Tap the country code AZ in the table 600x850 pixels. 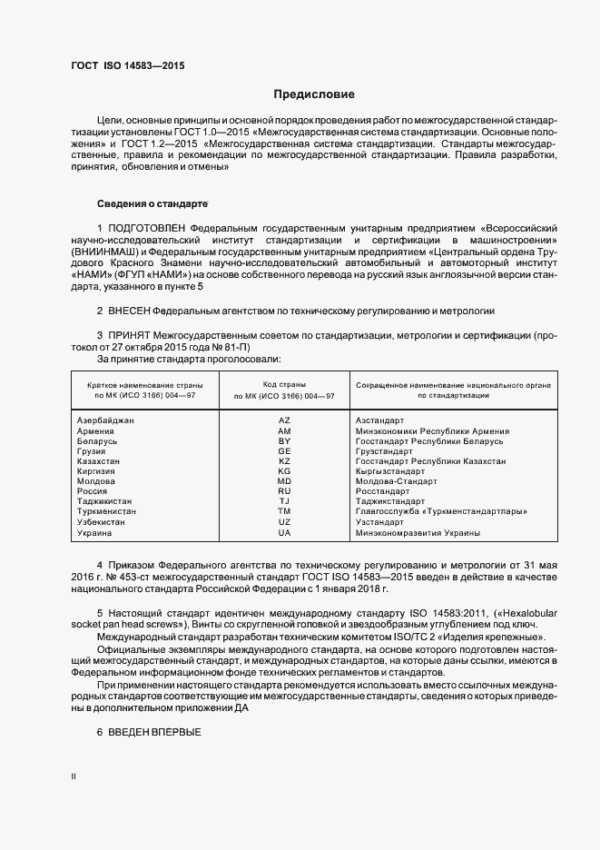coord(284,420)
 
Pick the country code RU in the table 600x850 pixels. coord(284,490)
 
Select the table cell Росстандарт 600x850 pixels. coord(382,490)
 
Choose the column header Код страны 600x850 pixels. coord(284,386)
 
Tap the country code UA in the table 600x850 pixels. coord(284,532)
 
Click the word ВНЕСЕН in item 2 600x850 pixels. coord(129,311)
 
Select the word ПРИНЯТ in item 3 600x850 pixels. coord(129,336)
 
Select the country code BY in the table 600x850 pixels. coord(284,440)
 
